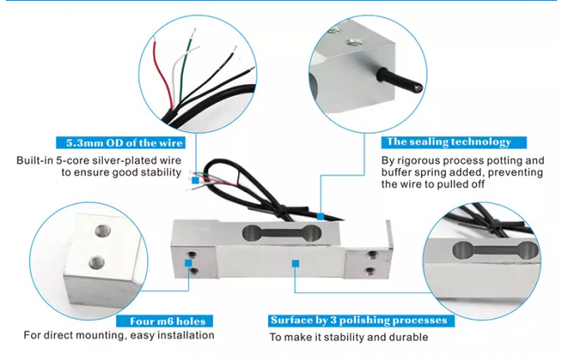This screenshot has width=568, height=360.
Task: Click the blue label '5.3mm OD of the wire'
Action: tap(118, 143)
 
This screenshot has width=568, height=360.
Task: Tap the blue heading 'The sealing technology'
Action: tap(446, 143)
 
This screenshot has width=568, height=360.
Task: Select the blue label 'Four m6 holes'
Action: tap(165, 320)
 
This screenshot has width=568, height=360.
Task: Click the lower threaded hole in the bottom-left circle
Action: tap(97, 260)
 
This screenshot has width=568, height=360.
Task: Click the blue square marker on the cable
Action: tap(321, 216)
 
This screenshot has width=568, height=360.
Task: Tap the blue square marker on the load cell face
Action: tap(295, 263)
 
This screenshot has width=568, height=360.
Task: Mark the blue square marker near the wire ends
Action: tap(195, 178)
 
